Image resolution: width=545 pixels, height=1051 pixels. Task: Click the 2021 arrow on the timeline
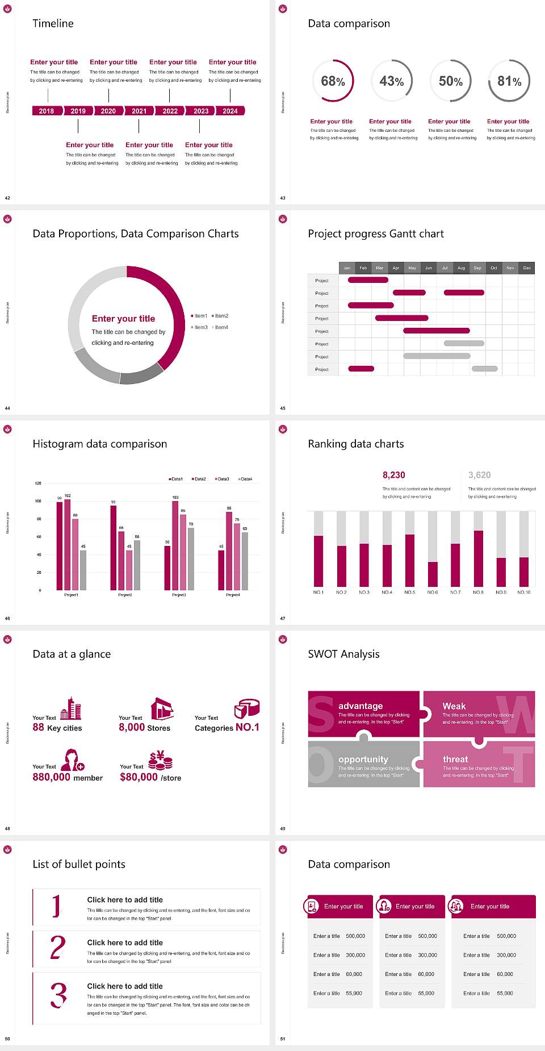click(139, 111)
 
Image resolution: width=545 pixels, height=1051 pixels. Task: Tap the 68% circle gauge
click(333, 81)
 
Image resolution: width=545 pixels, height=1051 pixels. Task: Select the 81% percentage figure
click(509, 81)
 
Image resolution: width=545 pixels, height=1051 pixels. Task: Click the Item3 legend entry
click(200, 327)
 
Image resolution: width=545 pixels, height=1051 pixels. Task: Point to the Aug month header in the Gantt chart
click(461, 268)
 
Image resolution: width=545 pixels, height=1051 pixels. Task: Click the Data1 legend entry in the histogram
click(175, 479)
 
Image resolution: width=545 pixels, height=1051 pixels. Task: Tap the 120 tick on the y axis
click(38, 483)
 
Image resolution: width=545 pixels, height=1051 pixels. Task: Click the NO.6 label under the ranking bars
click(433, 592)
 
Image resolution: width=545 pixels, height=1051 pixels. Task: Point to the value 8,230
click(394, 475)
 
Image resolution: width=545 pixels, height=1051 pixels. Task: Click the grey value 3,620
click(480, 475)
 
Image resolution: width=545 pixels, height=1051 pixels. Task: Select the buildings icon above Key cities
click(71, 708)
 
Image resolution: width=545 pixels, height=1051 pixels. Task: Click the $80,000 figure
click(139, 777)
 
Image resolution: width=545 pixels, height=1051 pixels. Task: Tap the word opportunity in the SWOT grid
click(363, 760)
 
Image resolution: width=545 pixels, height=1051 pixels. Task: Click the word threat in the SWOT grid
click(455, 760)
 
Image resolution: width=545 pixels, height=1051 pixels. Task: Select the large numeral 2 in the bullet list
click(58, 948)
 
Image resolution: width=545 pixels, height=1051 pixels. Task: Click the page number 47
click(283, 618)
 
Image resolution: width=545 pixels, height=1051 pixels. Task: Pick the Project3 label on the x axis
click(179, 595)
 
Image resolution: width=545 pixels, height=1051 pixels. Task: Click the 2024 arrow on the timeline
click(230, 111)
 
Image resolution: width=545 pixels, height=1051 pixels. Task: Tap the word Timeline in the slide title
click(53, 23)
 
